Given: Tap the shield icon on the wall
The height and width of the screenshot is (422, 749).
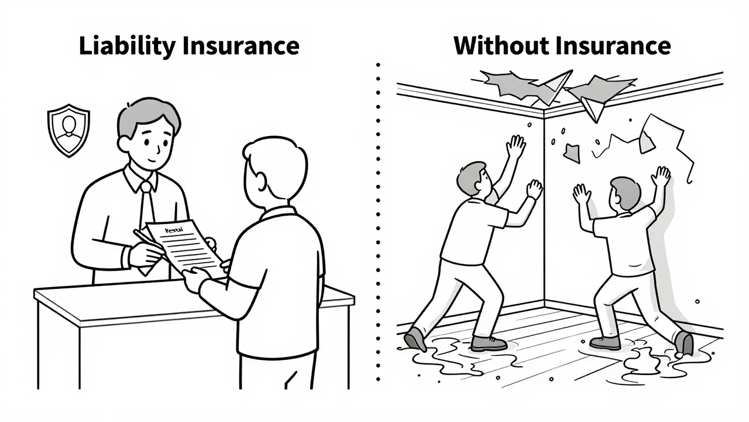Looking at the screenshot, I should tap(68, 130).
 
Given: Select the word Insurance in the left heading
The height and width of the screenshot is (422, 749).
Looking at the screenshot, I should tap(241, 46).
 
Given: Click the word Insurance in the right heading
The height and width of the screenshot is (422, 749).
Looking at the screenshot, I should tap(613, 46).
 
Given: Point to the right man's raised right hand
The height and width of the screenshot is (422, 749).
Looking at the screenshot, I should tap(662, 176).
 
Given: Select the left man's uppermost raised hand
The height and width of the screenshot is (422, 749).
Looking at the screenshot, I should tap(516, 146).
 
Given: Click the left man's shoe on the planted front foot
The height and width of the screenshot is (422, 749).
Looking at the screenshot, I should tap(489, 343).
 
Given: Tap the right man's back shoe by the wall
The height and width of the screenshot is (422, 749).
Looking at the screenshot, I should tap(683, 342).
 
